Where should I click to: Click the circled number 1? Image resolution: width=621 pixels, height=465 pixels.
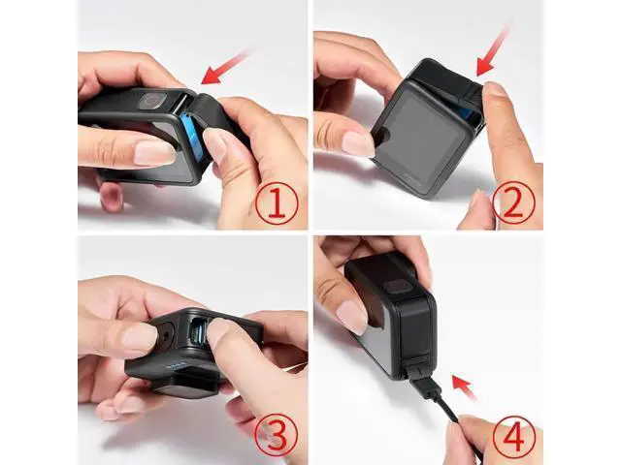[276, 204]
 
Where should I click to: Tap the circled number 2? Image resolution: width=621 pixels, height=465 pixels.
[513, 204]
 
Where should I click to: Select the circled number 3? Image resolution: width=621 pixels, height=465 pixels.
[276, 436]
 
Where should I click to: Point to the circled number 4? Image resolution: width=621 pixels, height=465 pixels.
[513, 436]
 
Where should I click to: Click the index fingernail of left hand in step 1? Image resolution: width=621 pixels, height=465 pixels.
[155, 152]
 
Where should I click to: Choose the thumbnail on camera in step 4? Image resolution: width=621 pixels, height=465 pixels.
[352, 317]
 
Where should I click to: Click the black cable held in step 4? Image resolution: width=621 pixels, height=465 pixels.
[447, 407]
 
